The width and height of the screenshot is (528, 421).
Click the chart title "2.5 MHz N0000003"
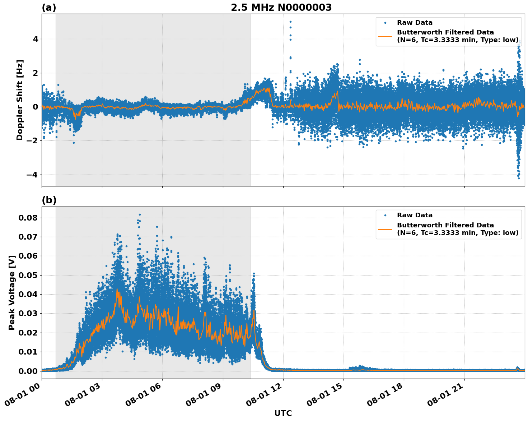click(x=281, y=8)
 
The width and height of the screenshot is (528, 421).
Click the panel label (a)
click(x=49, y=8)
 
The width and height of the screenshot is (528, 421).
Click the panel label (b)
click(x=49, y=200)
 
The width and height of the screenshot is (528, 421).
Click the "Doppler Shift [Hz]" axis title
click(x=20, y=100)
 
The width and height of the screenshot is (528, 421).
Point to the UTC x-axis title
click(x=283, y=413)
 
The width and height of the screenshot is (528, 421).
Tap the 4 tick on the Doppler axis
click(x=36, y=39)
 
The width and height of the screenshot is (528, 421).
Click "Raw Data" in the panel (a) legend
click(x=415, y=23)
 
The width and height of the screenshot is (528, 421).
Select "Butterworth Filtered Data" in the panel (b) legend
click(x=445, y=225)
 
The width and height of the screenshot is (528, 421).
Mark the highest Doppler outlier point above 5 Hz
click(x=290, y=22)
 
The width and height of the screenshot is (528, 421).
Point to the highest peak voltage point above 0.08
click(x=140, y=214)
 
